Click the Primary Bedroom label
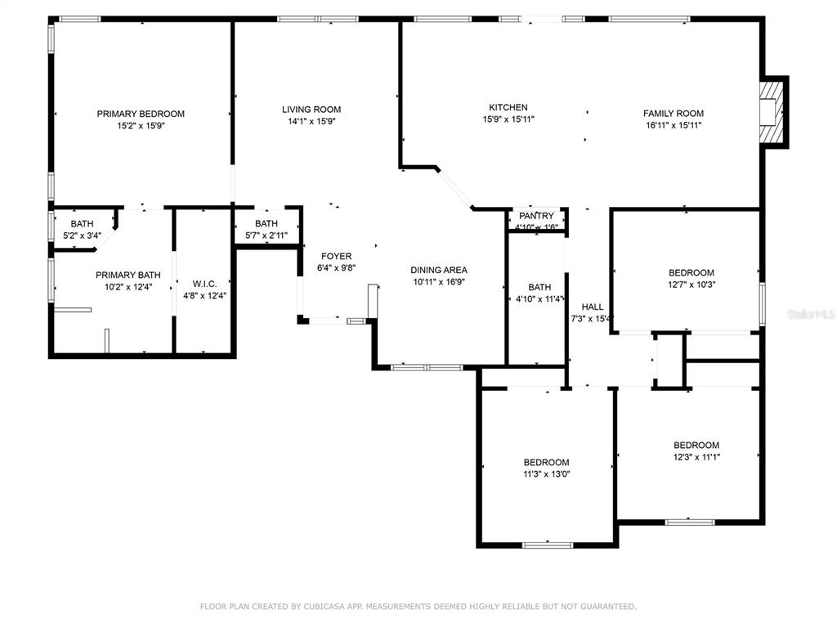click(x=141, y=114)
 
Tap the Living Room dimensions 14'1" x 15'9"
click(x=311, y=121)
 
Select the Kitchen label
click(x=508, y=107)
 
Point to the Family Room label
click(x=674, y=113)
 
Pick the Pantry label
click(x=536, y=216)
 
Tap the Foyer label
click(x=336, y=256)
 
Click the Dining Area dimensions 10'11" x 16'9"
click(x=439, y=282)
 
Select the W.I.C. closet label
click(x=204, y=284)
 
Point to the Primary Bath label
click(x=128, y=275)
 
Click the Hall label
click(x=593, y=307)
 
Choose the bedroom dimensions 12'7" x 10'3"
click(x=692, y=285)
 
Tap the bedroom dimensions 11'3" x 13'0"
click(x=546, y=473)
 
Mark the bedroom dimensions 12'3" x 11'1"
click(x=696, y=456)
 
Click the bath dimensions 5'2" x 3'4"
click(x=83, y=235)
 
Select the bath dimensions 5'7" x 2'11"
click(x=266, y=235)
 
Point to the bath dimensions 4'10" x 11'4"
click(x=539, y=299)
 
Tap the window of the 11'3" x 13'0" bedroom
click(x=547, y=545)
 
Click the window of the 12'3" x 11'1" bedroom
click(x=690, y=522)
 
